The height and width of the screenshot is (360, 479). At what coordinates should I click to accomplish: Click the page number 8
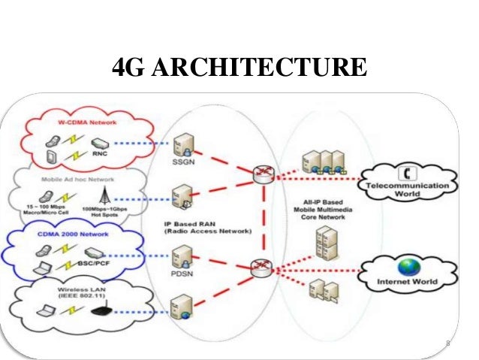(447, 345)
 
